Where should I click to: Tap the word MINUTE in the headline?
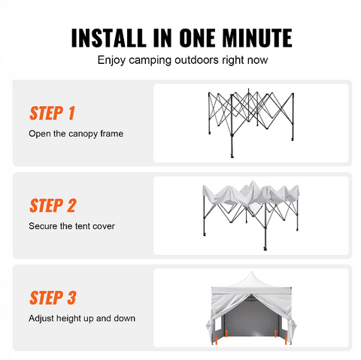[252, 38]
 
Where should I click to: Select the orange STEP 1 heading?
[52, 113]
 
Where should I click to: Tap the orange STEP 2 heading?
[53, 205]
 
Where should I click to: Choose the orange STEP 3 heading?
[53, 298]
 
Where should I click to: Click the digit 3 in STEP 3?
[71, 298]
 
